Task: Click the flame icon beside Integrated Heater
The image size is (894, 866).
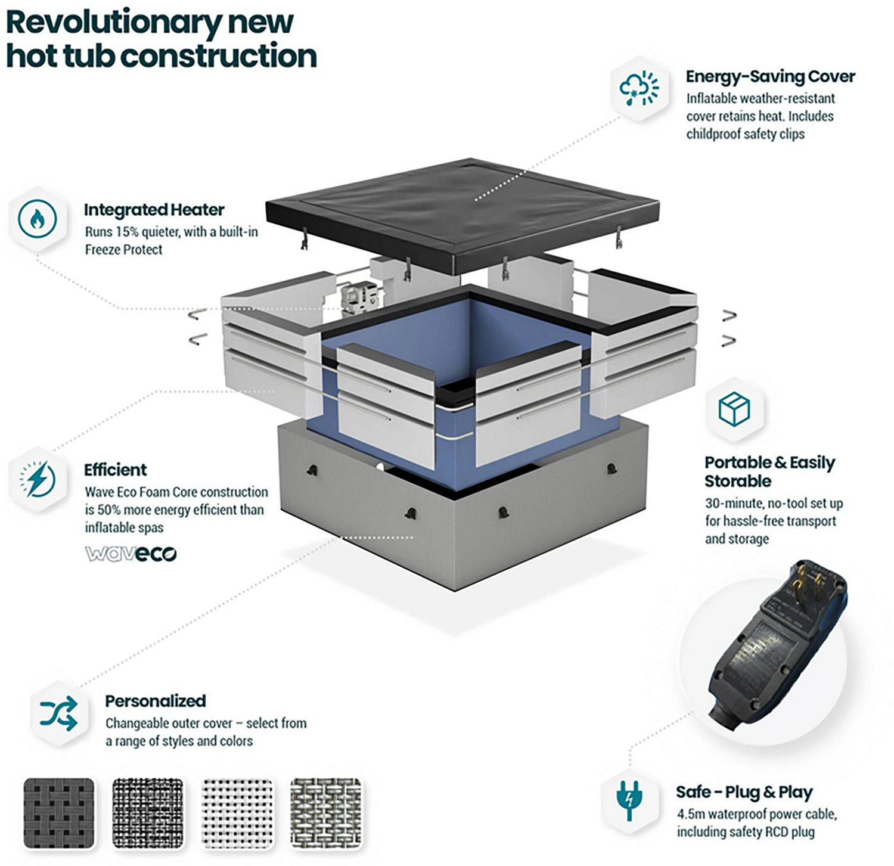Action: (x=37, y=219)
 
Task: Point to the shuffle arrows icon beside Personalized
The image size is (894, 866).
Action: (x=58, y=713)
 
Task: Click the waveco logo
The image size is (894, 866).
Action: (x=131, y=554)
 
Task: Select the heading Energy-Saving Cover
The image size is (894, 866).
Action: (x=770, y=76)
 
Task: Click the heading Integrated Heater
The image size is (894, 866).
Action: (x=154, y=210)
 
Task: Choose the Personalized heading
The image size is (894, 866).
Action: (x=156, y=701)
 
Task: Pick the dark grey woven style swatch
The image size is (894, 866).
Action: (x=59, y=813)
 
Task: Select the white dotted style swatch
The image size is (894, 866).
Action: (x=238, y=813)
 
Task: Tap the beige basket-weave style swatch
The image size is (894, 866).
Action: (x=326, y=813)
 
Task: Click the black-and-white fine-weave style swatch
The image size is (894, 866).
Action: (x=148, y=813)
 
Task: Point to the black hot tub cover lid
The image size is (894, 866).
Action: (x=462, y=212)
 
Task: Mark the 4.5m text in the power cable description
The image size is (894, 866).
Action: (x=690, y=814)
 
